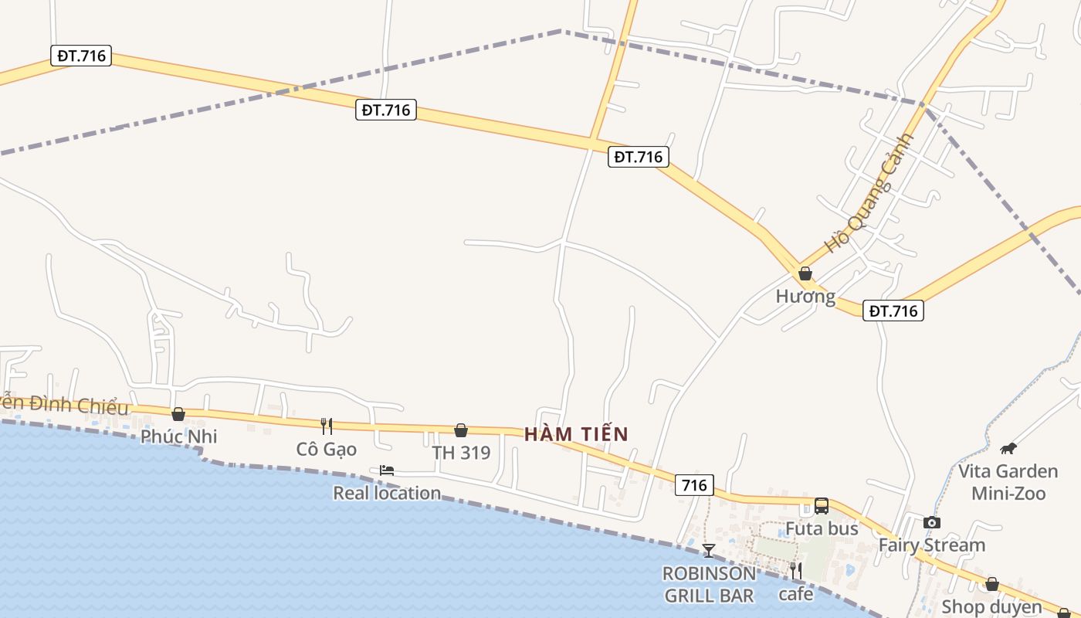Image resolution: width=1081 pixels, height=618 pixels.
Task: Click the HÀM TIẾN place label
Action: click(576, 434)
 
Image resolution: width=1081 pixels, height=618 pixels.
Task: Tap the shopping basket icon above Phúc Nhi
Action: click(178, 415)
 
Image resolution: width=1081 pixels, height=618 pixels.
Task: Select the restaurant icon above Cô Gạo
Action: click(327, 426)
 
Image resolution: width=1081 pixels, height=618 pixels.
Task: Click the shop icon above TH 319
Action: click(461, 430)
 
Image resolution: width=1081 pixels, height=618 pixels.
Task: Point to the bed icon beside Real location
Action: click(387, 470)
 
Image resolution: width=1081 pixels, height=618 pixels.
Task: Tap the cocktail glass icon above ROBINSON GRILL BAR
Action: click(709, 550)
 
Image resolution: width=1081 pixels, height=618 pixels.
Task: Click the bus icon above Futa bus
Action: click(822, 506)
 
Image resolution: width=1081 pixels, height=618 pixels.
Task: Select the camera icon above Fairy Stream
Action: click(932, 522)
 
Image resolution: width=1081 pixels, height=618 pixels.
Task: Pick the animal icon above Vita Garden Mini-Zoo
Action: click(1008, 448)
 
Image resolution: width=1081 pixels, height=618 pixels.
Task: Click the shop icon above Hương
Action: click(805, 273)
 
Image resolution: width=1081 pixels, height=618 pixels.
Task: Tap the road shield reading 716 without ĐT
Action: click(694, 485)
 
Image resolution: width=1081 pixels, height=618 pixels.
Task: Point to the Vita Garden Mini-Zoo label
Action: click(1008, 482)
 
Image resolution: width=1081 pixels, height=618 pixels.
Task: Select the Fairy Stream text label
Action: click(932, 545)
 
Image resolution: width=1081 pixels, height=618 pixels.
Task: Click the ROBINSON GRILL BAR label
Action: click(709, 585)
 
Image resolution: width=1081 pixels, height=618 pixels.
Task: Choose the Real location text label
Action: click(387, 493)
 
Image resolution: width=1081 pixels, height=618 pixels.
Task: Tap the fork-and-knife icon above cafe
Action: click(795, 571)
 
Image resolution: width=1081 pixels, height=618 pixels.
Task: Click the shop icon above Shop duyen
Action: click(992, 584)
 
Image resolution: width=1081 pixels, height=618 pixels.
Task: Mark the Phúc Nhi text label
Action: click(178, 436)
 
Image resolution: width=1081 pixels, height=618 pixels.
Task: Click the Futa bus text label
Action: click(822, 529)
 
